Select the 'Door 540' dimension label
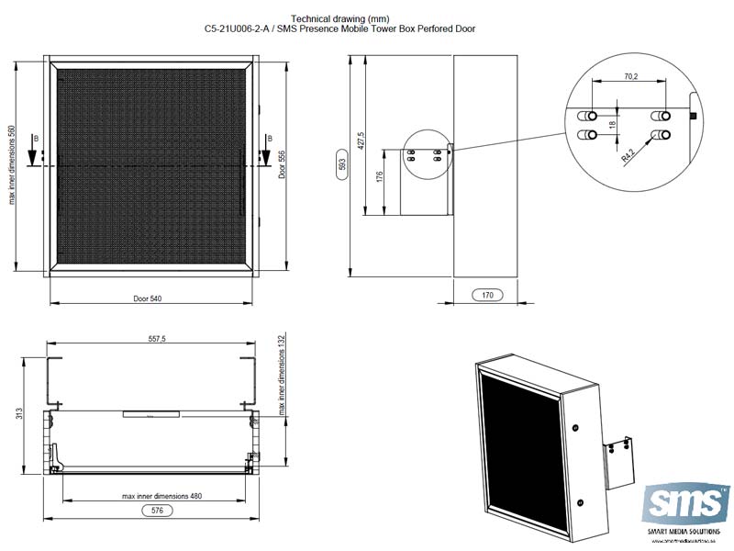tap(148, 299)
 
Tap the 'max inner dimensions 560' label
tap(12, 165)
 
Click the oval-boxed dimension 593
tap(341, 165)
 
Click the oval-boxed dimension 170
tap(487, 296)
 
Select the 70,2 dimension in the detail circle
tap(629, 77)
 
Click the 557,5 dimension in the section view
tap(157, 339)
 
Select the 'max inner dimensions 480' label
tap(161, 496)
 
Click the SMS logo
tap(687, 503)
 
